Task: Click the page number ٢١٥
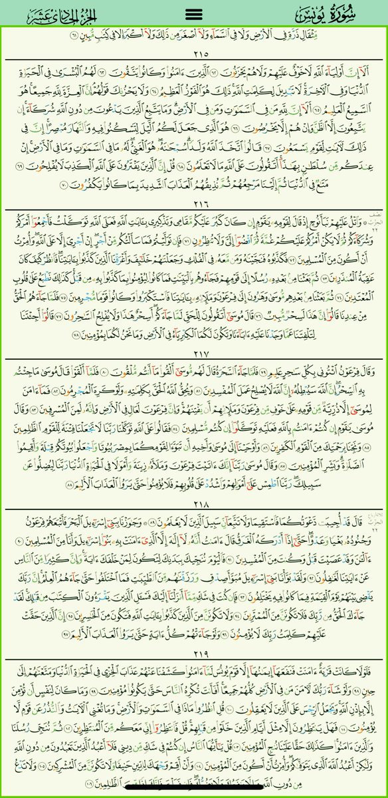click(x=194, y=53)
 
